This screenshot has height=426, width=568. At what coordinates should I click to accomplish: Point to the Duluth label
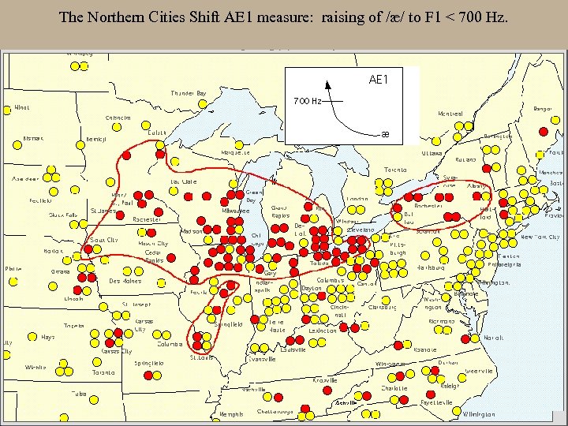(x=158, y=133)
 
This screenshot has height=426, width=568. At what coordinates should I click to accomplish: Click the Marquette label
(x=230, y=152)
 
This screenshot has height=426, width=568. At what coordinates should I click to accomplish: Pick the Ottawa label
(x=432, y=152)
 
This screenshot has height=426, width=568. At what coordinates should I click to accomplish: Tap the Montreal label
(x=450, y=114)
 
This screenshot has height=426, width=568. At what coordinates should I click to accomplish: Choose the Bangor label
(x=543, y=109)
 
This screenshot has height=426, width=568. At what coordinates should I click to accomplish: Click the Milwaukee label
(x=235, y=211)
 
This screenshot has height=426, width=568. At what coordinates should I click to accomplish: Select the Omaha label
(x=60, y=271)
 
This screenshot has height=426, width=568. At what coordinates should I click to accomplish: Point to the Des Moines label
(x=125, y=280)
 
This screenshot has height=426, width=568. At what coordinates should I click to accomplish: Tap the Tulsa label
(x=77, y=393)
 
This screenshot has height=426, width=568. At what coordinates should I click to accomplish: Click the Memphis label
(x=231, y=414)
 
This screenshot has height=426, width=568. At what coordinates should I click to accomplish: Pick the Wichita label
(x=35, y=367)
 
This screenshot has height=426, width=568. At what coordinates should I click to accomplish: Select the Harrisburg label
(x=432, y=267)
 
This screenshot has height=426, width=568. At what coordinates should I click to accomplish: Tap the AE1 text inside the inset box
(x=379, y=79)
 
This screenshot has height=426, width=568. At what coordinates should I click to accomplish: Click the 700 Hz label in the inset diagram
(x=307, y=101)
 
